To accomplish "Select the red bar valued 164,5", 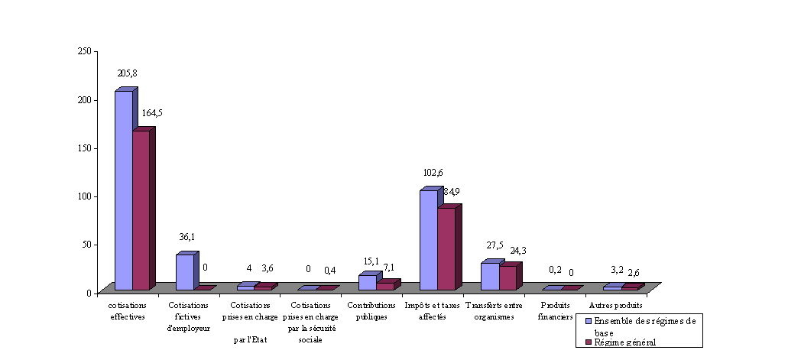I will [x=141, y=210].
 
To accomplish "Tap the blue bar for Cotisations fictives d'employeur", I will [x=185, y=272].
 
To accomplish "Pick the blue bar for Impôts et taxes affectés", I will [x=428, y=240].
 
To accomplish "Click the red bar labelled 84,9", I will [x=446, y=249].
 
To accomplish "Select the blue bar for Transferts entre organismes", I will [x=489, y=276].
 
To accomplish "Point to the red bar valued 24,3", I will [x=507, y=277].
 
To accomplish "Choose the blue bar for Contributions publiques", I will [x=367, y=282].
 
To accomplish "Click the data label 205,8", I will [x=127, y=73].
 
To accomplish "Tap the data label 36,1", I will [x=187, y=237].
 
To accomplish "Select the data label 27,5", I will [x=495, y=245].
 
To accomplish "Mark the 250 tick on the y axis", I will [x=84, y=51].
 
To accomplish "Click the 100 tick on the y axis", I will [x=84, y=196].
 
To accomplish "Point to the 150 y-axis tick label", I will [x=84, y=148].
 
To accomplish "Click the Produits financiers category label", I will [x=555, y=311].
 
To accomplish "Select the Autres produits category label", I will [x=615, y=306].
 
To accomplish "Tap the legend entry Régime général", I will [x=624, y=342].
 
